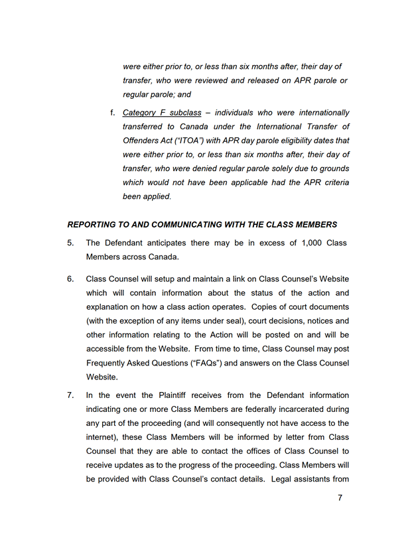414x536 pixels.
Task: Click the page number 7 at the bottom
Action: click(x=340, y=498)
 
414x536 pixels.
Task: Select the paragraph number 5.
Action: click(x=70, y=243)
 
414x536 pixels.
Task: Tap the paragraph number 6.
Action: click(x=70, y=279)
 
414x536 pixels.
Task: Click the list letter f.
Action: click(x=113, y=113)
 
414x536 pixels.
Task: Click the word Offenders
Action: click(x=146, y=141)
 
